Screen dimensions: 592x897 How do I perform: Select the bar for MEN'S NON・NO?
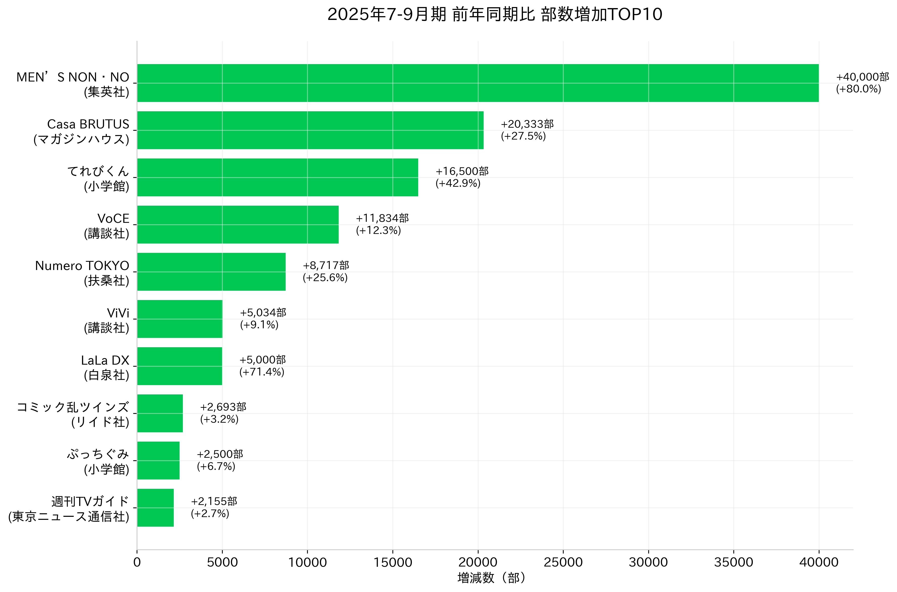coord(478,83)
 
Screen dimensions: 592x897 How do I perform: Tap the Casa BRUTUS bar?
coord(310,130)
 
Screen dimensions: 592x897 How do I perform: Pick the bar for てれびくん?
coord(277,177)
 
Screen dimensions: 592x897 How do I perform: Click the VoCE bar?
coord(238,225)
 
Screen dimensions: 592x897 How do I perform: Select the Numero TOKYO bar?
coord(211,272)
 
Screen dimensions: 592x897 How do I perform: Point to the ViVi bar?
coord(180,319)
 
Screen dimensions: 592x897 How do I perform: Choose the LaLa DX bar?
coord(180,366)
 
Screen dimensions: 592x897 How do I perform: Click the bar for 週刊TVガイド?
coord(155,508)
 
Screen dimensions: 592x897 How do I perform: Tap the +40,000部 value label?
coord(862,77)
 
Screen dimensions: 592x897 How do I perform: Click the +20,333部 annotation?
coord(527,124)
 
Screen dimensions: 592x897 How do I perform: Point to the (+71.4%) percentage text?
coord(261,372)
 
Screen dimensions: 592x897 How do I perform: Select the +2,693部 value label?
coord(223,407)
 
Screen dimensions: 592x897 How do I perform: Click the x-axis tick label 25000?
coord(563,562)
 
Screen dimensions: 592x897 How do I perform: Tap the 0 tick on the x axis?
coord(137,562)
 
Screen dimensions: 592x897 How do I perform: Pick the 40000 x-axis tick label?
coord(819,562)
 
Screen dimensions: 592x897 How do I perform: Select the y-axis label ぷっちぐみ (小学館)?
coord(98,461)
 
